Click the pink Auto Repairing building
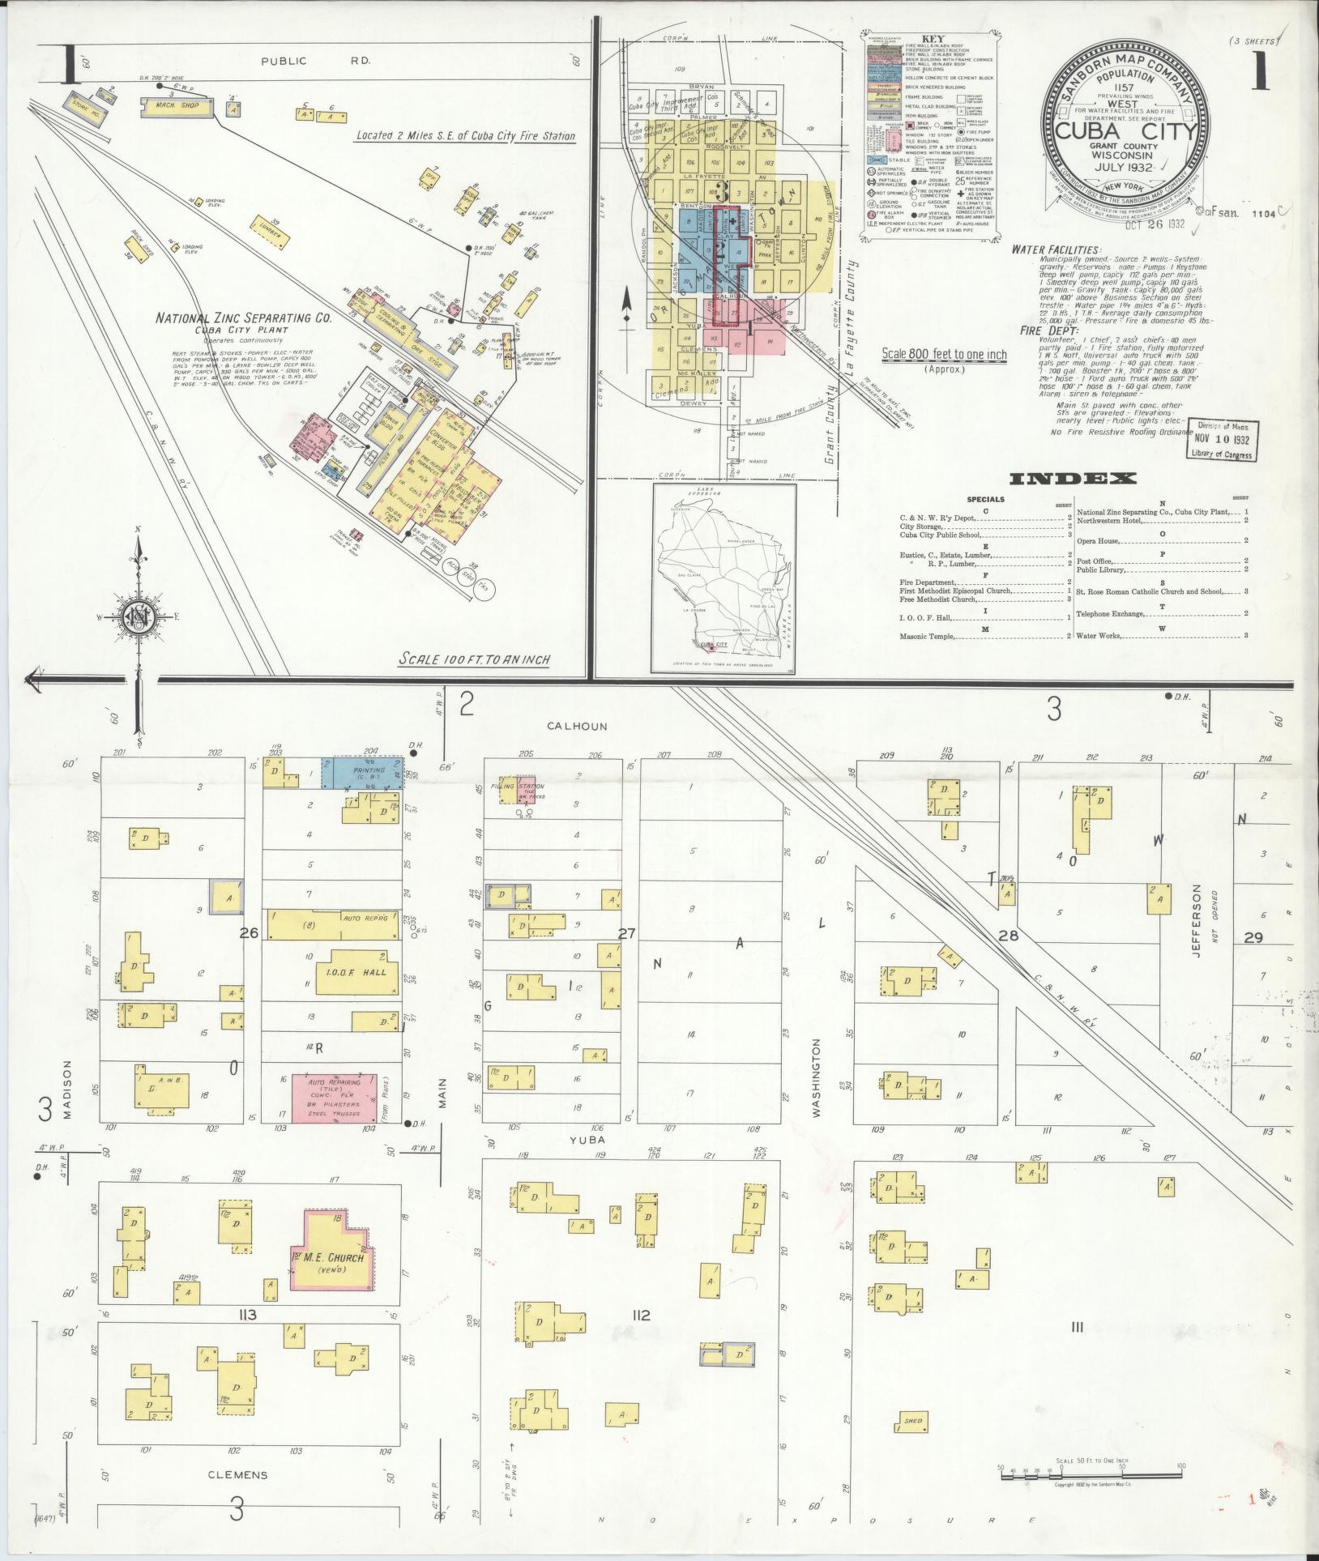coord(333,1095)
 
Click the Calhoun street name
coord(577,727)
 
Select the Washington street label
coord(816,1078)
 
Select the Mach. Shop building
coord(176,105)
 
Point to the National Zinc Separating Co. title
coord(244,318)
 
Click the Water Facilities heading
coord(1056,250)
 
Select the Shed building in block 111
coord(913,1421)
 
